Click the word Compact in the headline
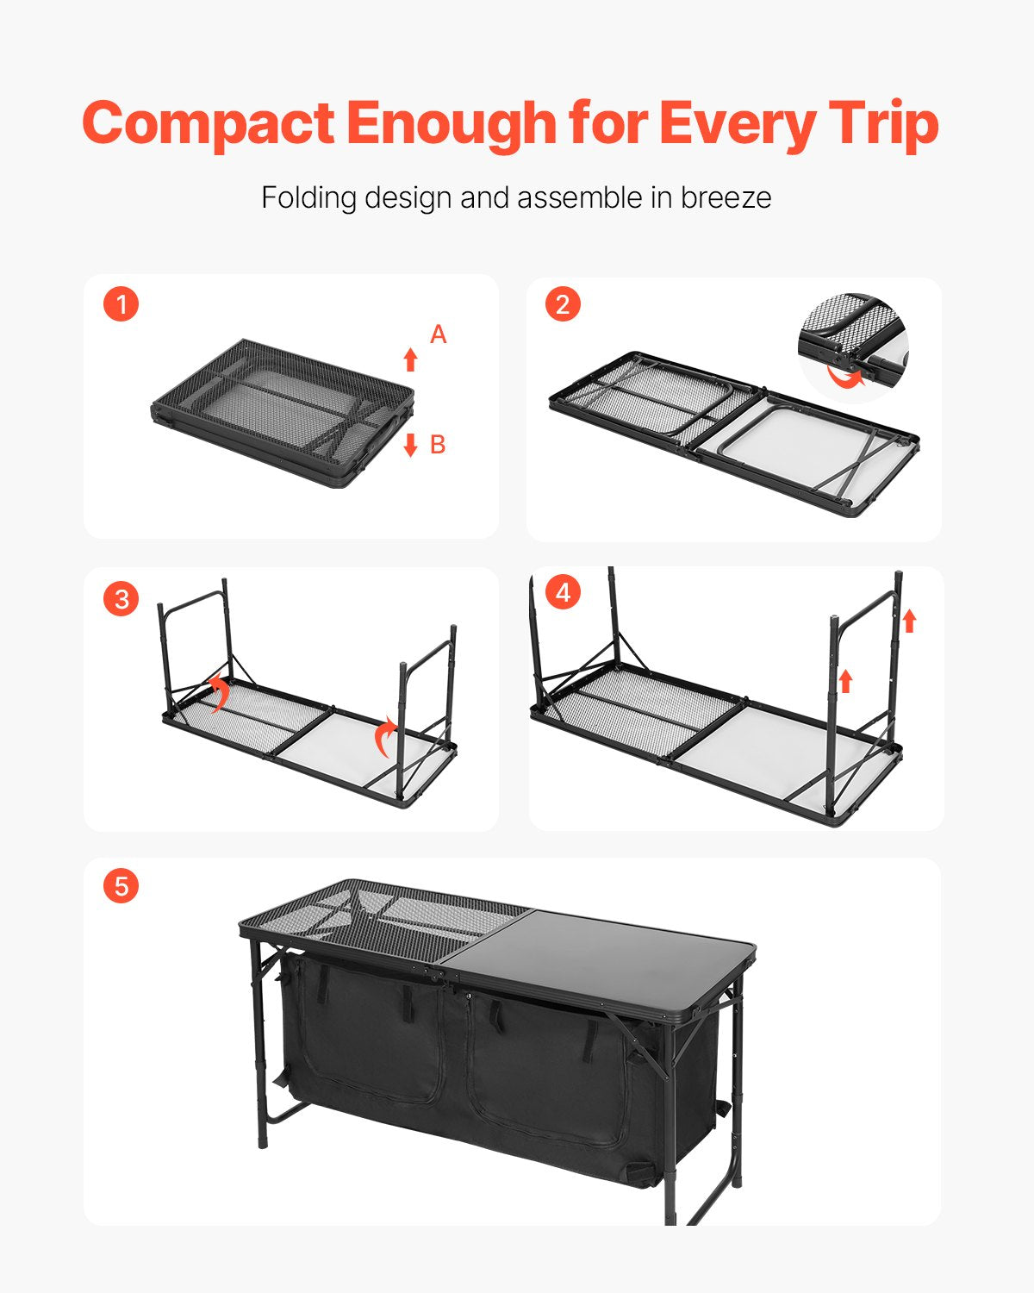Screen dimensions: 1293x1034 [208, 123]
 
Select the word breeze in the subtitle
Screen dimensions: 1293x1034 [726, 197]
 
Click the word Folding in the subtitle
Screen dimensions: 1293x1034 [308, 197]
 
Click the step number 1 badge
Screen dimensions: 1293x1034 [121, 304]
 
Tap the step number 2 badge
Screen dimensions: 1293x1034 [563, 304]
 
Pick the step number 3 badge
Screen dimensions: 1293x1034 [121, 598]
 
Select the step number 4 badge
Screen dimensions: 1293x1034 [563, 593]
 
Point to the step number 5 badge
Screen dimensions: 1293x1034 [121, 886]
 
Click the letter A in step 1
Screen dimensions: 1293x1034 [439, 334]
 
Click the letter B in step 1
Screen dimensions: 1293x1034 [438, 445]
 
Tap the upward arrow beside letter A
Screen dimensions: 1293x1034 [411, 359]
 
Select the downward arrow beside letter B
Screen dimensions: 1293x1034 [411, 445]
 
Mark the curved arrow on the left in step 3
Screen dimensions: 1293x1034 [218, 692]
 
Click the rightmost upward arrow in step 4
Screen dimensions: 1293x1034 [909, 620]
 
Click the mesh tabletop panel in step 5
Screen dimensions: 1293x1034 [388, 918]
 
